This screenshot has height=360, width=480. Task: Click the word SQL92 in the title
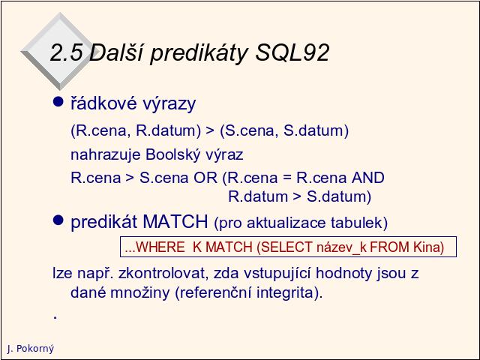point(292,52)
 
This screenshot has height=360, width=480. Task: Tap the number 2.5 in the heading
point(66,52)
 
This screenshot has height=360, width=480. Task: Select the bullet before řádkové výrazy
point(58,101)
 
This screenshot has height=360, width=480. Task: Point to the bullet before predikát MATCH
point(58,220)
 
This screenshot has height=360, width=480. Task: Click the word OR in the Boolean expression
point(205,178)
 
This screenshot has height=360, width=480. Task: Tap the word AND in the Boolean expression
point(368,178)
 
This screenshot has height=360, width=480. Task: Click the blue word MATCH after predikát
point(175,221)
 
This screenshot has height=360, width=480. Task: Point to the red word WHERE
point(160,247)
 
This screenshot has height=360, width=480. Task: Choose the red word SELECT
point(286,247)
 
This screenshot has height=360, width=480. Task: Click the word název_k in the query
point(341,247)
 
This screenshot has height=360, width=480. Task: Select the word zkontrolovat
point(161,273)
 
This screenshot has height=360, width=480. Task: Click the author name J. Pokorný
point(30,349)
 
